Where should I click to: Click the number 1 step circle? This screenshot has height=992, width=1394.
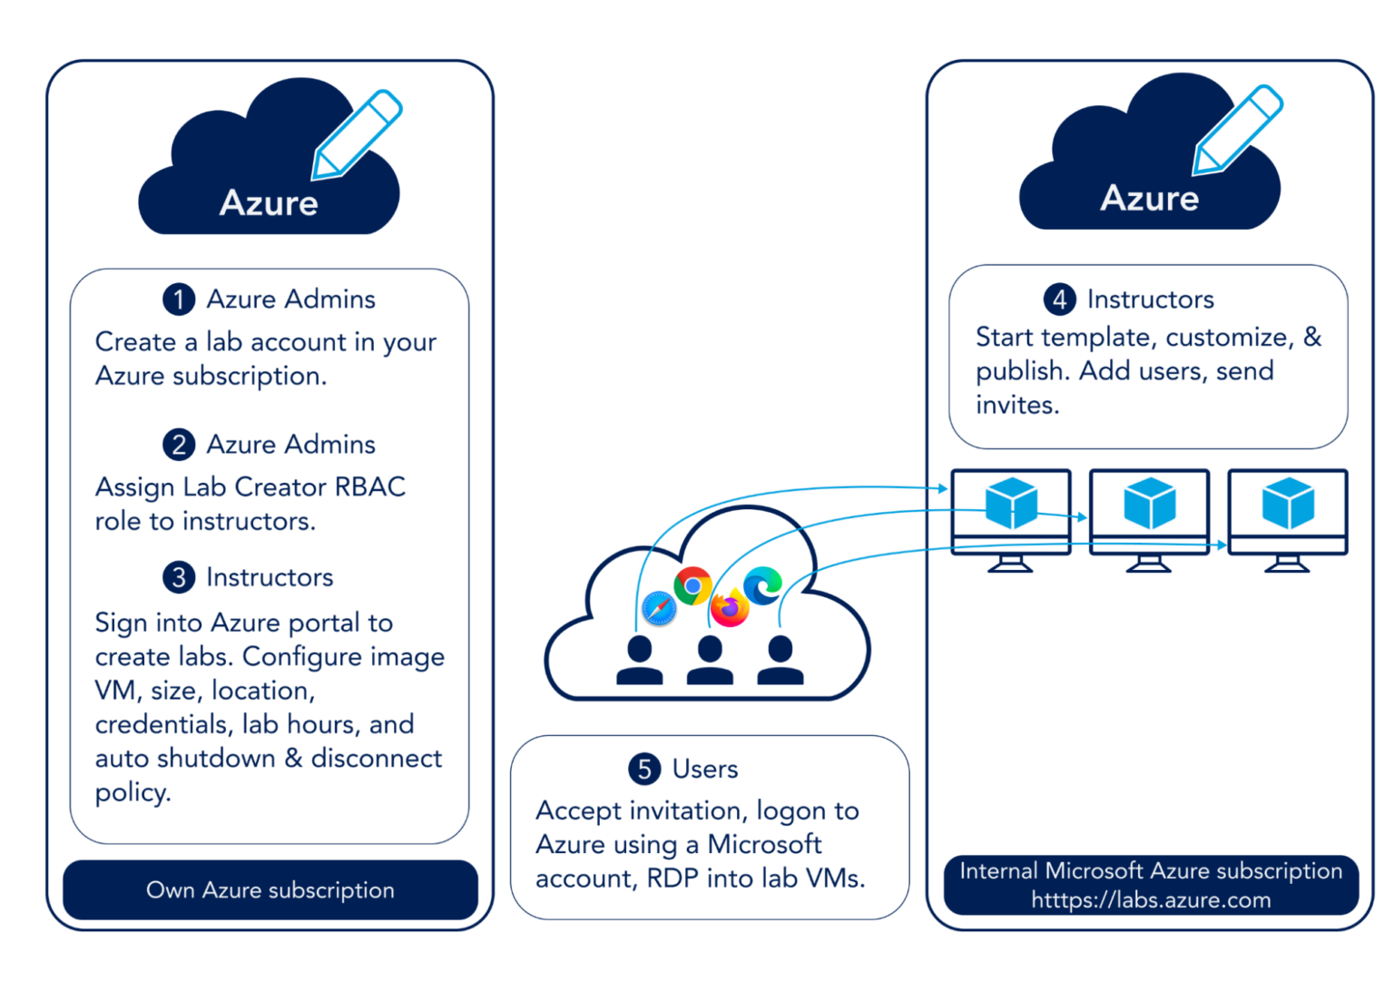tap(179, 299)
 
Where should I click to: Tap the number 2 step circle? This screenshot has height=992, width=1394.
tap(179, 444)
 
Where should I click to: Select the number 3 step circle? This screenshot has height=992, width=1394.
tap(179, 577)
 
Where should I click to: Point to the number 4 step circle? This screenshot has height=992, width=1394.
tap(1059, 299)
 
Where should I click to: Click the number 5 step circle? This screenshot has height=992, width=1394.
tap(644, 769)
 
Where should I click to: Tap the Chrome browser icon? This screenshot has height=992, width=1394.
tap(692, 586)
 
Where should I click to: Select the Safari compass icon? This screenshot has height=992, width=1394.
tap(659, 608)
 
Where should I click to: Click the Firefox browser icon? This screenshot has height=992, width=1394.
tap(730, 607)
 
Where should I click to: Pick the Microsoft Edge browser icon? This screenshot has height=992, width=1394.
tap(762, 584)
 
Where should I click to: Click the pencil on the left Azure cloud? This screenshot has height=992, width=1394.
tap(356, 135)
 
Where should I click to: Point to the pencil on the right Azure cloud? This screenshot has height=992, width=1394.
tap(1236, 130)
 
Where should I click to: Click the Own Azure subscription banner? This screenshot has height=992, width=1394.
tap(270, 889)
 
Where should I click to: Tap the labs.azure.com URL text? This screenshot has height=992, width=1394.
tap(1151, 899)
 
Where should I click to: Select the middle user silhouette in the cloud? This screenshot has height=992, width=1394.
tap(710, 660)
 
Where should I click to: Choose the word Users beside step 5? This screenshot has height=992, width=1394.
tap(705, 769)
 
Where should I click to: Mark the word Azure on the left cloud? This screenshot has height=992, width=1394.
tap(269, 202)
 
